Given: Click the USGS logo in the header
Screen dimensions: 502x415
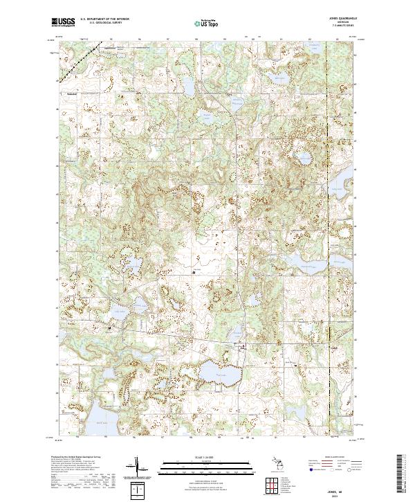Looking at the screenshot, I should pyautogui.click(x=64, y=22).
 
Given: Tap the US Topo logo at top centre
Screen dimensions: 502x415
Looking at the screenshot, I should pyautogui.click(x=207, y=22).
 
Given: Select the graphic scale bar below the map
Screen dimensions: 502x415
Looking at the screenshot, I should pyautogui.click(x=207, y=465).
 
